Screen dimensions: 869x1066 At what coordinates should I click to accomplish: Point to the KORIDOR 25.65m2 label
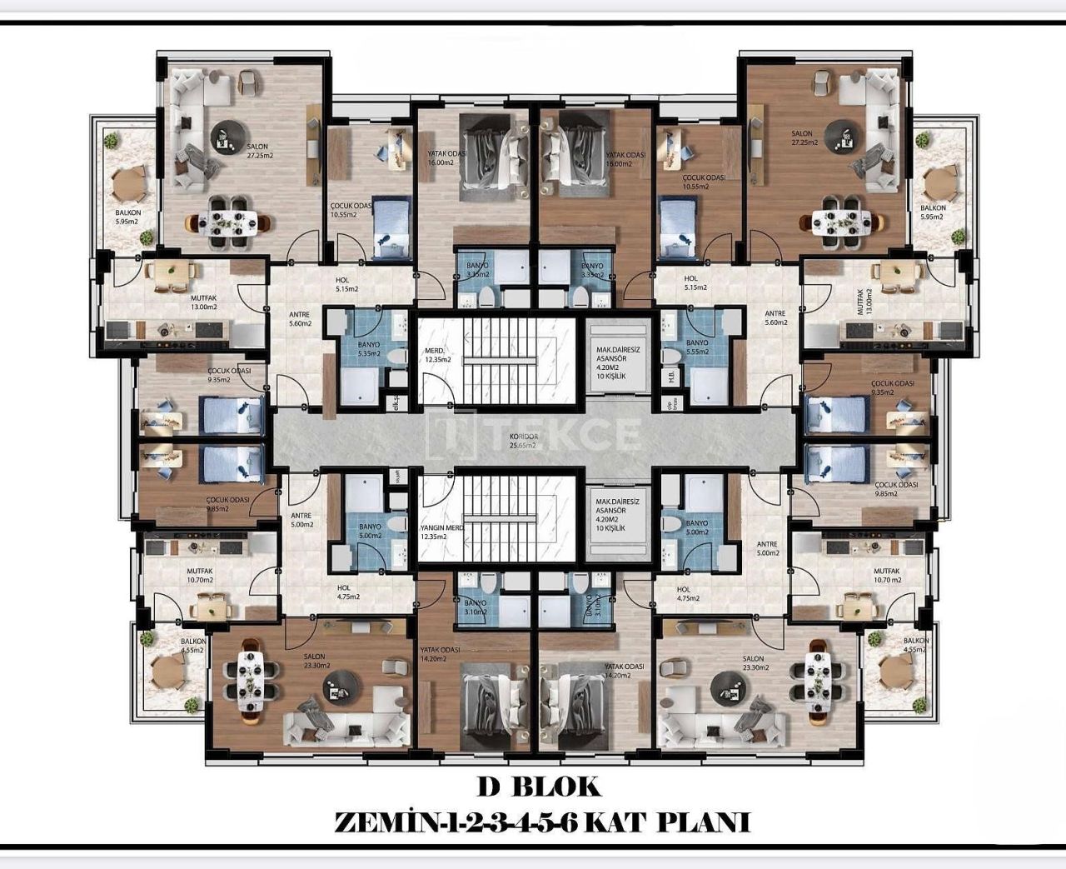point(523,441)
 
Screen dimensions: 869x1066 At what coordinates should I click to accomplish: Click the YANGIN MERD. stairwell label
point(441,532)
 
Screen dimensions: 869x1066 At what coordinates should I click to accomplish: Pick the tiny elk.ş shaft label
point(397,404)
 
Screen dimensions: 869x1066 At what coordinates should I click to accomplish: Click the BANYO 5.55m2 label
point(698,347)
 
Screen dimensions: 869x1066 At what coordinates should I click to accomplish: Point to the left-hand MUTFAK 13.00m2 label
point(204,301)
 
